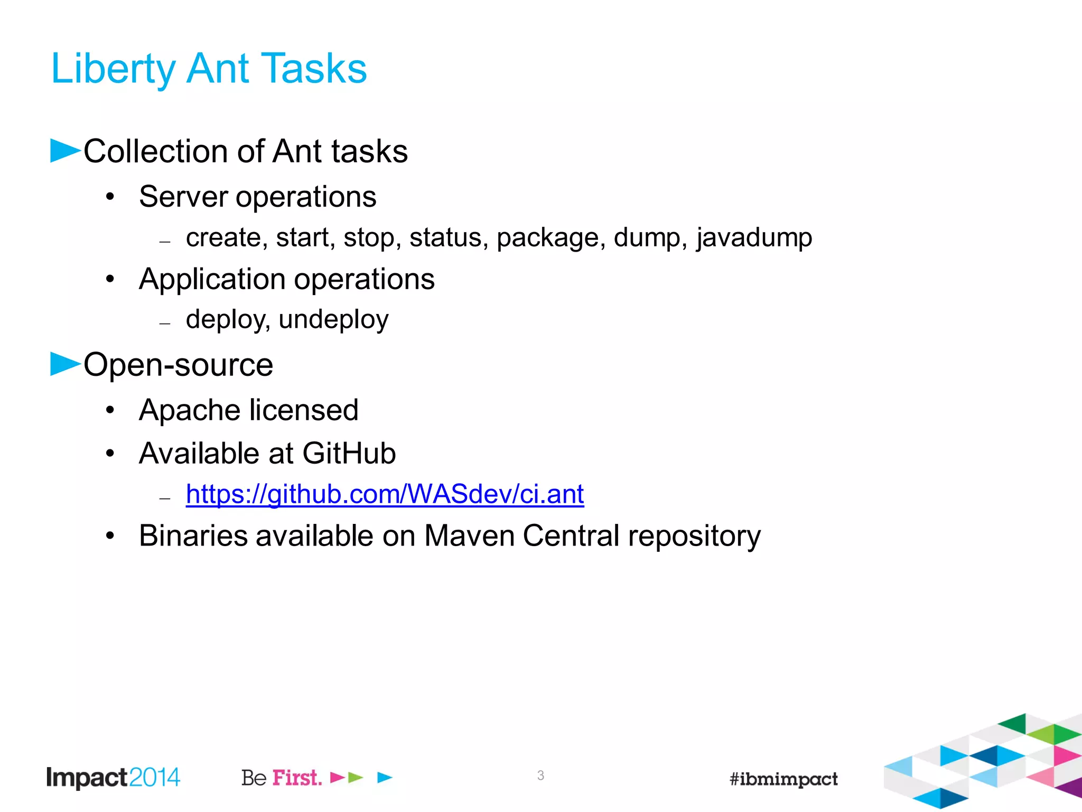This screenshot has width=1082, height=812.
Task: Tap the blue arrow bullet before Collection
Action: pos(64,151)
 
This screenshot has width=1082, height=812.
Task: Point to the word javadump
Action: pos(754,238)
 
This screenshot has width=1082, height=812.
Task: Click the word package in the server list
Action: pos(551,238)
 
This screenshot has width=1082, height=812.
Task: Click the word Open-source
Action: pos(179,365)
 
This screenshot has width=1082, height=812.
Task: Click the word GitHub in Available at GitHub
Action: pos(349,454)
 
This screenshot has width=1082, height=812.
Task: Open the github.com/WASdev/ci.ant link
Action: pos(385,494)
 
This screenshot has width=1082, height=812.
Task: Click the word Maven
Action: pos(469,536)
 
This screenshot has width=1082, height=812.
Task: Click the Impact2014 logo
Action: pos(113,778)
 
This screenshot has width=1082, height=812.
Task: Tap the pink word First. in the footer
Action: pos(297,778)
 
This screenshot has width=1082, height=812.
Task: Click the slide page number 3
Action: pos(540,776)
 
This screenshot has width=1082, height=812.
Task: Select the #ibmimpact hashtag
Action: pos(783,779)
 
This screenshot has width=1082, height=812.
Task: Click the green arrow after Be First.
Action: pos(356,777)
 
